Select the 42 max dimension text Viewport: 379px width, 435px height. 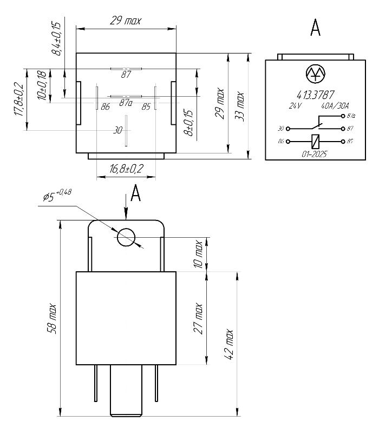point(229,344)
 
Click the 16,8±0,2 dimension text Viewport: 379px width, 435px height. point(126,169)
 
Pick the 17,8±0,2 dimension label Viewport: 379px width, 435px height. point(19,99)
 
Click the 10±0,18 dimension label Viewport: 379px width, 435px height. point(42,85)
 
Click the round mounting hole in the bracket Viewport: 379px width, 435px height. point(127,237)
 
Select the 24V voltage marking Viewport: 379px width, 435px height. point(295,106)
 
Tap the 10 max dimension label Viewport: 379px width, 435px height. point(198,255)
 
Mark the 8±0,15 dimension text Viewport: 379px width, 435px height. point(187,124)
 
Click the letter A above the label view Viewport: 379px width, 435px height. point(315,28)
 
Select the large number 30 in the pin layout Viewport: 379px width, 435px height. point(117,130)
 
